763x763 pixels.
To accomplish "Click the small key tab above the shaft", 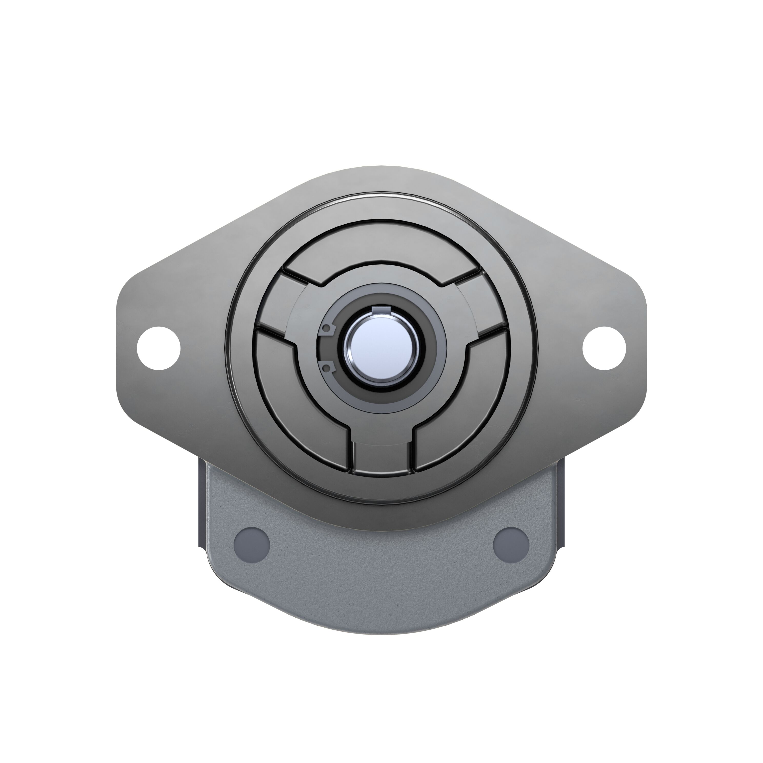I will coord(381,310).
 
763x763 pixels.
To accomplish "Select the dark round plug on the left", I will coord(252,543).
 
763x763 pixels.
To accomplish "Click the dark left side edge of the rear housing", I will coord(201,506).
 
